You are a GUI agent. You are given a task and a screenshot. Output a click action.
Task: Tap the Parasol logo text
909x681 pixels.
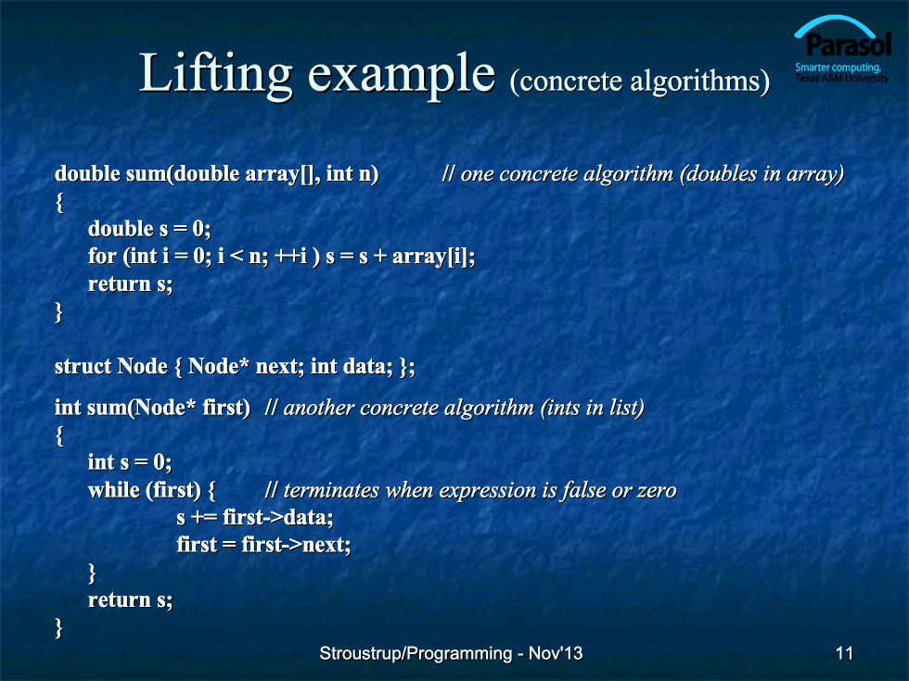click(848, 44)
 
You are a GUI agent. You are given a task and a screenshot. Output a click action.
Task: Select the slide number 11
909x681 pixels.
click(844, 653)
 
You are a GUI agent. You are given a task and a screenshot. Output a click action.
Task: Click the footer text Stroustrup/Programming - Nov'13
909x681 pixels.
click(451, 653)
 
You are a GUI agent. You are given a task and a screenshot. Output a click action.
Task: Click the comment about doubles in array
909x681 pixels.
click(642, 174)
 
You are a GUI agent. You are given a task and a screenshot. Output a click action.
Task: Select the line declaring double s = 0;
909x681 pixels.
click(149, 229)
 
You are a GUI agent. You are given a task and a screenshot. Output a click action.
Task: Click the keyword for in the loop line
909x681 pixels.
click(102, 256)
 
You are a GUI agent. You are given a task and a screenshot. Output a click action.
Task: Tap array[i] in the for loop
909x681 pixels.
click(429, 257)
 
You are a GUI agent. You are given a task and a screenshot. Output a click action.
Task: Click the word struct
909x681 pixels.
click(83, 366)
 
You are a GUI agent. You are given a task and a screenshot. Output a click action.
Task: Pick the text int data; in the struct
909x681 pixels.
click(352, 366)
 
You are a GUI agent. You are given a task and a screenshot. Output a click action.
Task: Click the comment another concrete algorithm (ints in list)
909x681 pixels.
click(454, 408)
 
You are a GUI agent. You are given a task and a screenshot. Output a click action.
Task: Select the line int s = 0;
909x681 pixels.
click(130, 462)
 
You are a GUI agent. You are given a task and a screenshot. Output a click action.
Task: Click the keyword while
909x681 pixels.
click(114, 490)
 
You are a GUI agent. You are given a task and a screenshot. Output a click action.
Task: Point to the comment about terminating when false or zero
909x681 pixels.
click(471, 490)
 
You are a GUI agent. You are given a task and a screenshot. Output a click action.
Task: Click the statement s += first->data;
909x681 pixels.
click(255, 517)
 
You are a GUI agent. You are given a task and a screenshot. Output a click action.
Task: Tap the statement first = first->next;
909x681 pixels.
click(263, 545)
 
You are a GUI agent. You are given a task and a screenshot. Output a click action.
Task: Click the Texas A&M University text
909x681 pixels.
click(842, 78)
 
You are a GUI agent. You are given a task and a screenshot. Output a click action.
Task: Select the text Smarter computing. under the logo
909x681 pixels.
click(839, 67)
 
